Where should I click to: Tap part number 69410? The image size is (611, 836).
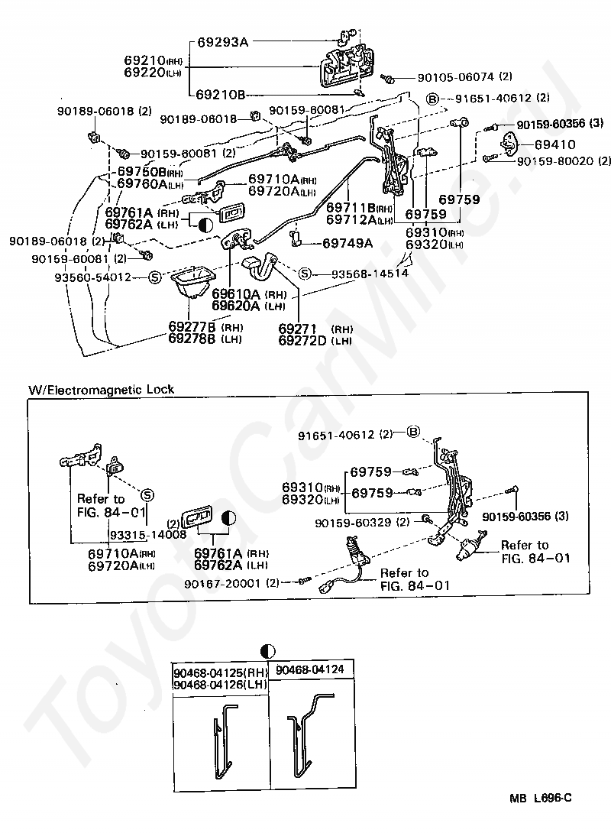click(x=554, y=144)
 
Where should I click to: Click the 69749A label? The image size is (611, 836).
click(x=348, y=243)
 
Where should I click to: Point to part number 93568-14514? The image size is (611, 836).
click(x=369, y=273)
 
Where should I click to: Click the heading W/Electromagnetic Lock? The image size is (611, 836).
click(x=102, y=390)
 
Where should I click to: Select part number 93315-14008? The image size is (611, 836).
click(x=148, y=534)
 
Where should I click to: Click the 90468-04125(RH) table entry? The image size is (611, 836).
click(x=220, y=673)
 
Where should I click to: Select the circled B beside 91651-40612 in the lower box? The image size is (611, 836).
click(x=414, y=433)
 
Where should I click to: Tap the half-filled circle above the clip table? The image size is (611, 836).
click(x=268, y=651)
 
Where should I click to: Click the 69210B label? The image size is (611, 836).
click(x=221, y=95)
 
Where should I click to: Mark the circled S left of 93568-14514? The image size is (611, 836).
click(x=305, y=273)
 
